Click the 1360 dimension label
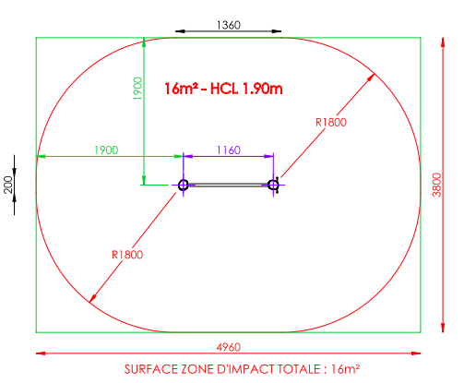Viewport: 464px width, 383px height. pos(229,25)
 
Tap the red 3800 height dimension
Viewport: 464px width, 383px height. pos(436,185)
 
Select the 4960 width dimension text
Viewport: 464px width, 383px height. pos(229,347)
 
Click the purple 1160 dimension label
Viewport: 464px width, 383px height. pos(229,150)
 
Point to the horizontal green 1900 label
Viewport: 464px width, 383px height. pos(106,150)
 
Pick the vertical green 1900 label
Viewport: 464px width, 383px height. pos(137,89)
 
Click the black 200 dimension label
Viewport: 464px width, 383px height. pos(8,185)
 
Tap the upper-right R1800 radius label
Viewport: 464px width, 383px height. pos(331,123)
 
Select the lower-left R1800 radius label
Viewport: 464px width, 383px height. pos(127,255)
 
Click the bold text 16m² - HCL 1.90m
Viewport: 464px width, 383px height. pos(223,89)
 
